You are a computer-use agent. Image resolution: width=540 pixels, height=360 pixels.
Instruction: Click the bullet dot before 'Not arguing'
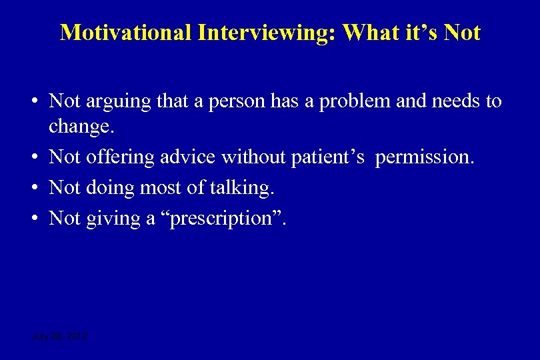(x=33, y=101)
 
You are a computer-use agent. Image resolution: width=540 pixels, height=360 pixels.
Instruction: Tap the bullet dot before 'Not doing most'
(x=33, y=188)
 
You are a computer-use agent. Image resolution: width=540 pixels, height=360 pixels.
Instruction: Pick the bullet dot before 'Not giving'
(x=33, y=217)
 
